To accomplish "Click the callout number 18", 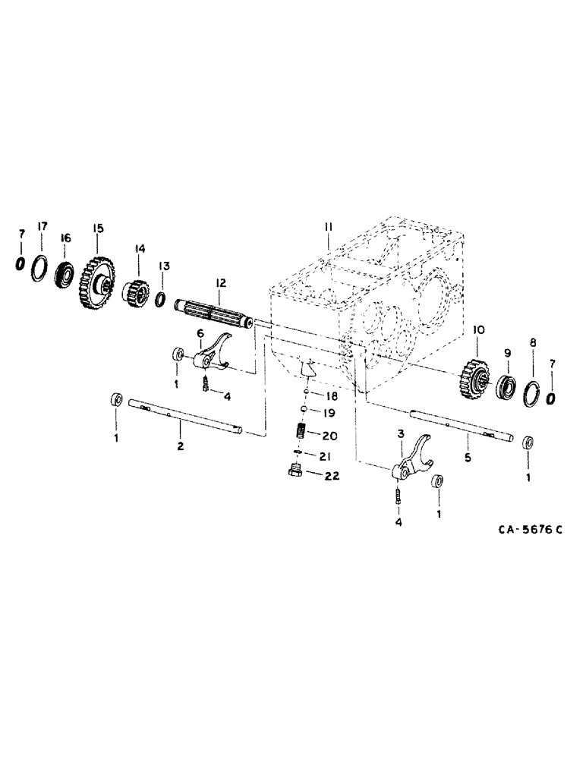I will tap(332, 396).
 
